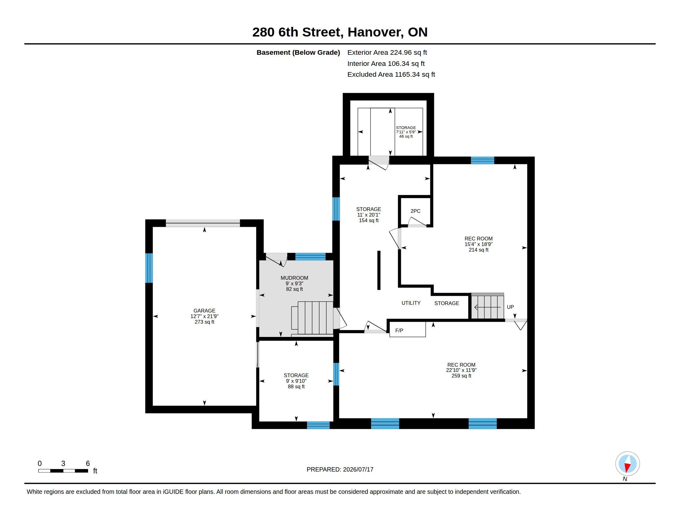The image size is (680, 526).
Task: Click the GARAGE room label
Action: coord(204,311)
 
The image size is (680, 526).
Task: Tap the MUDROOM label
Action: coord(294,278)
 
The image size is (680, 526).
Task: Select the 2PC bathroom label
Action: coord(415,211)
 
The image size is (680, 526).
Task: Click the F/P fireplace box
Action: coord(408,330)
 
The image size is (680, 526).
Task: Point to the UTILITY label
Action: coord(411,303)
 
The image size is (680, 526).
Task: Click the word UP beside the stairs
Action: coord(510,307)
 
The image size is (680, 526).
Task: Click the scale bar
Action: coord(63,471)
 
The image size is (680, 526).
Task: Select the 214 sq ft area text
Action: coord(478,250)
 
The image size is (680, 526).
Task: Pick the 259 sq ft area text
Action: coord(461,376)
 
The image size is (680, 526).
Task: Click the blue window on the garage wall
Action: coord(149,268)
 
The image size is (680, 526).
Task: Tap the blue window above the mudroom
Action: coord(310,257)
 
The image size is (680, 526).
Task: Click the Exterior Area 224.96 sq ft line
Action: coord(387,52)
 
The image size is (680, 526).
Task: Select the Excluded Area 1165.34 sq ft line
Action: coord(391,75)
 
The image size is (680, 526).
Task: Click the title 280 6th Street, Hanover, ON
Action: coord(340,32)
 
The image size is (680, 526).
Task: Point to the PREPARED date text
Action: coord(340,469)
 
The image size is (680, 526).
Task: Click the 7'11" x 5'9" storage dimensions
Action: coord(406,132)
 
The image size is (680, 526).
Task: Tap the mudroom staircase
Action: coord(312,318)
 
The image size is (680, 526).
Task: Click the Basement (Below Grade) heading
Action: coord(298,52)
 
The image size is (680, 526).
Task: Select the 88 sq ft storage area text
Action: coord(296,387)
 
